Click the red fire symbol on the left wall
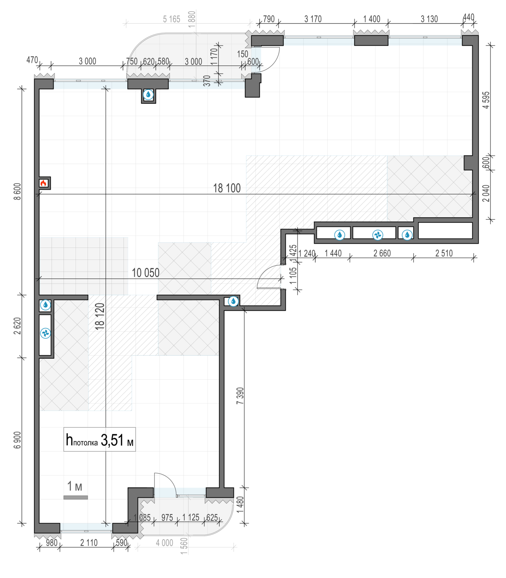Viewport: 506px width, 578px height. tap(43, 183)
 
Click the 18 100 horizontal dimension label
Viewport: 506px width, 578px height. tap(227, 188)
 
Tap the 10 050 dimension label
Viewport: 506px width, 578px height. tap(146, 272)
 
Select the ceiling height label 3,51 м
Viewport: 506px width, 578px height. tap(117, 440)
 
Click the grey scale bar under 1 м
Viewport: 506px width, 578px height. tap(76, 497)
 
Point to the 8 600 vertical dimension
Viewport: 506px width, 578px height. tap(17, 192)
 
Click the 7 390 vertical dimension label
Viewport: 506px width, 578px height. tap(240, 395)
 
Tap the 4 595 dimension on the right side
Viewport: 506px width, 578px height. tap(486, 100)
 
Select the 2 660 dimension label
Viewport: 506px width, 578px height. tap(382, 253)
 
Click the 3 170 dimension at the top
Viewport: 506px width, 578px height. tap(313, 19)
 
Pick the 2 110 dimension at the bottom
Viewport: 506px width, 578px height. tap(89, 543)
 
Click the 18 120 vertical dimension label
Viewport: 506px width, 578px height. tap(100, 316)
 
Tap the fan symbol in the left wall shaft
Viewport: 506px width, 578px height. tap(45, 333)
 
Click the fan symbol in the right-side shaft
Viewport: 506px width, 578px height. tap(378, 235)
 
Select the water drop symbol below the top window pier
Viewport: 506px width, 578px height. tap(148, 95)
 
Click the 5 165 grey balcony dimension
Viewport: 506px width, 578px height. tap(171, 19)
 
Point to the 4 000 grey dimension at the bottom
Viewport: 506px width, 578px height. tap(165, 543)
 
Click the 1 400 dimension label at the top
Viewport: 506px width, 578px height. tap(372, 19)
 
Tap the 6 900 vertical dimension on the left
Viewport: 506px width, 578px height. tap(17, 440)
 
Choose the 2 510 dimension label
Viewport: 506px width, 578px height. tap(444, 253)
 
